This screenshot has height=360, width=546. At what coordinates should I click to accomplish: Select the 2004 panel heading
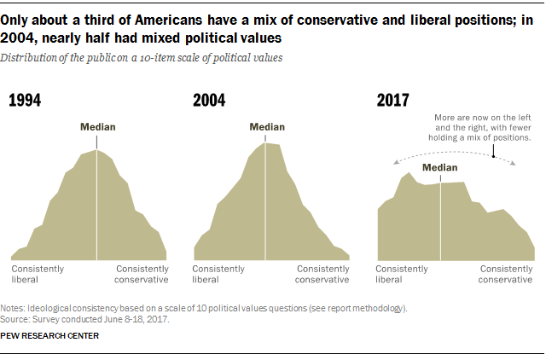click(x=209, y=101)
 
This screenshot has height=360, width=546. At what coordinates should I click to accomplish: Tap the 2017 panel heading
click(x=393, y=101)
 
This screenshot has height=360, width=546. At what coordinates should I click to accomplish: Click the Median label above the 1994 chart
click(x=97, y=127)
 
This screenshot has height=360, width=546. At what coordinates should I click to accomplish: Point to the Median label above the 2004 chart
click(x=267, y=127)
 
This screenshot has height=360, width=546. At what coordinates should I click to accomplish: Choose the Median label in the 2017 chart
click(x=440, y=167)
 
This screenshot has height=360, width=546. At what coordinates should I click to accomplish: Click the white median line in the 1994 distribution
click(x=97, y=205)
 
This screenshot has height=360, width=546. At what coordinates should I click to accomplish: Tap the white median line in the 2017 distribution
click(x=440, y=222)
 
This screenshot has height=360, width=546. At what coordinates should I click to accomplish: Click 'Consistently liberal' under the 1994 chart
click(x=38, y=274)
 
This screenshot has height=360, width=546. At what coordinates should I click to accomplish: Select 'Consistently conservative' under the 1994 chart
click(x=142, y=274)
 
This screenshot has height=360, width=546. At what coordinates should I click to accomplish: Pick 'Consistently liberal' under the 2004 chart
click(x=219, y=274)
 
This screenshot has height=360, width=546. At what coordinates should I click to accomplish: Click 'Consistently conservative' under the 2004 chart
click(x=322, y=274)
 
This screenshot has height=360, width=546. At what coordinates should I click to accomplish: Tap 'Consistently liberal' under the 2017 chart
click(x=402, y=274)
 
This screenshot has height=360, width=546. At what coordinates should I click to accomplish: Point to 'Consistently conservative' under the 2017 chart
click(x=506, y=274)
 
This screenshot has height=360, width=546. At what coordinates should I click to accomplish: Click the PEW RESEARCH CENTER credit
click(x=49, y=335)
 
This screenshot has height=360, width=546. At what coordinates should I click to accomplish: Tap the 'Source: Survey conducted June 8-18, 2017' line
click(x=84, y=319)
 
